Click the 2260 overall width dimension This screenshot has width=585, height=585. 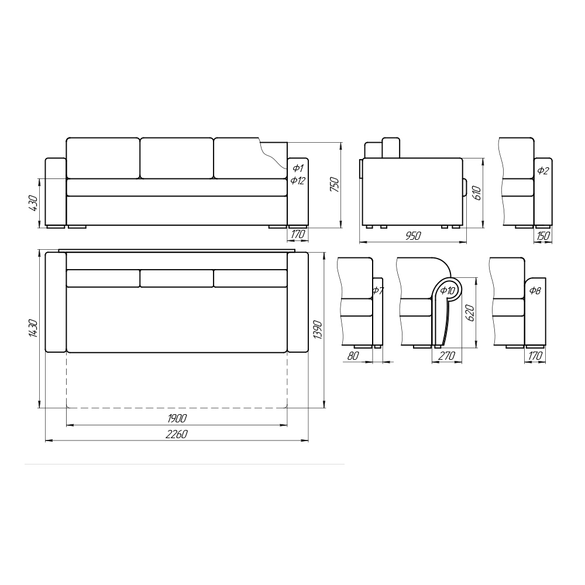point(177,434)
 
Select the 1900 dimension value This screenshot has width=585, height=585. point(177,418)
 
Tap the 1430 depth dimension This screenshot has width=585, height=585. point(33,328)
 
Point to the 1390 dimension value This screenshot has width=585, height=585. point(318,330)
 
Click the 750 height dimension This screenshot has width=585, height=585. point(335,185)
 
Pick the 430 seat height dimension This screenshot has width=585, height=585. point(33,204)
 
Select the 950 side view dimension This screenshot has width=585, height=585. point(413,236)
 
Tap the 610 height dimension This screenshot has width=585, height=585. point(477,193)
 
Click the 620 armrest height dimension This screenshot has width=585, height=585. point(470,314)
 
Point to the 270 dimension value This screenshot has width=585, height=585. point(446,356)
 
